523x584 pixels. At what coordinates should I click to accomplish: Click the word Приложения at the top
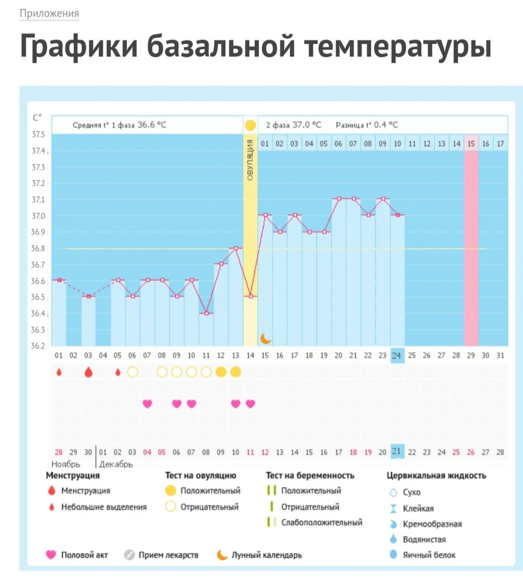pyautogui.click(x=49, y=13)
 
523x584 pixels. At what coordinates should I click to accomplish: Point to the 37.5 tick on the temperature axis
pyautogui.click(x=39, y=135)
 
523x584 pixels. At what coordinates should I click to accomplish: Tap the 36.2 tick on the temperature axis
pyautogui.click(x=39, y=346)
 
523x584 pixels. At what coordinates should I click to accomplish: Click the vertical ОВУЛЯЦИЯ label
pyautogui.click(x=250, y=160)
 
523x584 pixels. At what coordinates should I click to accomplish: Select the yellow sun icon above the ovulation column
pyautogui.click(x=250, y=125)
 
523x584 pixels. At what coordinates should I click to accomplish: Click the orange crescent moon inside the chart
pyautogui.click(x=266, y=338)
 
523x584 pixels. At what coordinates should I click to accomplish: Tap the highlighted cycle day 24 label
pyautogui.click(x=397, y=356)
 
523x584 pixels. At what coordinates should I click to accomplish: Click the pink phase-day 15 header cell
pyautogui.click(x=471, y=144)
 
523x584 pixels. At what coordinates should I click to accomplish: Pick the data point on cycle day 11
pyautogui.click(x=206, y=313)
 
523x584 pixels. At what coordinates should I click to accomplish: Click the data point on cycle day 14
pyautogui.click(x=250, y=296)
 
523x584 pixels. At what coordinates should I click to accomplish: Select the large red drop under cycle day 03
pyautogui.click(x=88, y=372)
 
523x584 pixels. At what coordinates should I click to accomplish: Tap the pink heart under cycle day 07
pyautogui.click(x=147, y=404)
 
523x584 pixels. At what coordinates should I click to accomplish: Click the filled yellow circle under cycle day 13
pyautogui.click(x=235, y=372)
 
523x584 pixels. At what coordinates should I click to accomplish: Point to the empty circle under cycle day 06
pyautogui.click(x=133, y=372)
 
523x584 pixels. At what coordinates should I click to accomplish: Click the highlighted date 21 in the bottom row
pyautogui.click(x=397, y=451)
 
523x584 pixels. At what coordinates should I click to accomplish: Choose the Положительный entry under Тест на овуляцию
pyautogui.click(x=209, y=491)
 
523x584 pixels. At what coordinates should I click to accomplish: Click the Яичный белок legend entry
pyautogui.click(x=428, y=555)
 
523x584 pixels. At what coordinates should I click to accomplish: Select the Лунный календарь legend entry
pyautogui.click(x=266, y=555)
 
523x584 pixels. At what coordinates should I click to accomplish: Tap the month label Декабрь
pyautogui.click(x=116, y=464)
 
